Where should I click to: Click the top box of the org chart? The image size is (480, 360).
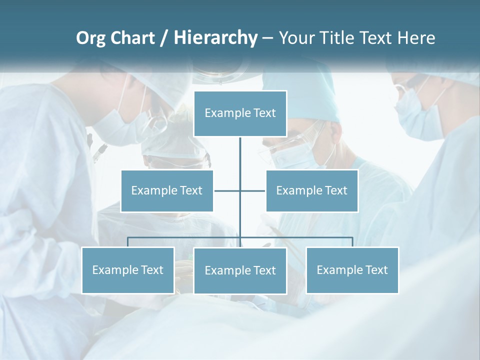240,113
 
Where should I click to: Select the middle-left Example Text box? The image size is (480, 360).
167,190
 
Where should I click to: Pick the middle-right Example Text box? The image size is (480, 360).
311,190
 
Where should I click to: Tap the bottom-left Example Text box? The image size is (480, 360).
128,270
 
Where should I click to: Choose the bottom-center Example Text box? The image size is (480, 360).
240,270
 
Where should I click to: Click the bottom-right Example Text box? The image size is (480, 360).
352,270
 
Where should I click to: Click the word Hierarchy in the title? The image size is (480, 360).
215,38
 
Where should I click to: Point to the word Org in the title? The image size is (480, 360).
90,38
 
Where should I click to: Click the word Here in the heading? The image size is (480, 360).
416,38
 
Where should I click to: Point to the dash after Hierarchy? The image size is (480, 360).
267,38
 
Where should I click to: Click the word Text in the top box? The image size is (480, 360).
264,113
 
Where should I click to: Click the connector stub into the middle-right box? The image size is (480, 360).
253,190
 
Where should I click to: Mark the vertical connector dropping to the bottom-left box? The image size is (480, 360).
128,242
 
